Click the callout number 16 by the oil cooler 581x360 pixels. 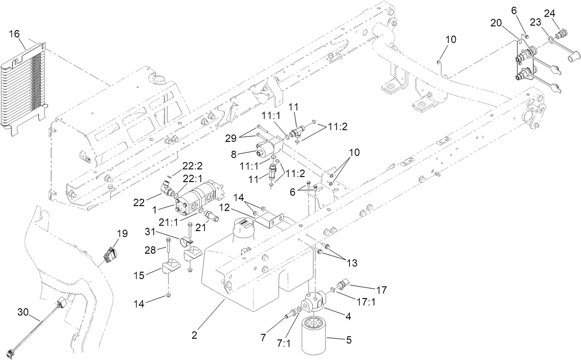click(14, 34)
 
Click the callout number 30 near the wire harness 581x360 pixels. click(23, 312)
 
